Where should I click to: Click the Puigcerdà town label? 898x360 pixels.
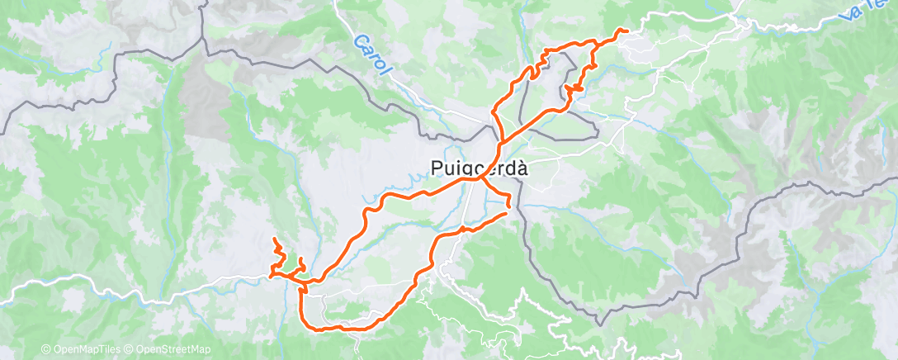pyautogui.click(x=479, y=168)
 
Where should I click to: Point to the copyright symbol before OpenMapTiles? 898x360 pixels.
pyautogui.click(x=46, y=349)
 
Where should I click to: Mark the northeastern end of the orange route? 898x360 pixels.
pyautogui.click(x=627, y=31)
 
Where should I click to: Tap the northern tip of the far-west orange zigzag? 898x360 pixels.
pyautogui.click(x=274, y=239)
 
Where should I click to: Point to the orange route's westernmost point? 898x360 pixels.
pyautogui.click(x=270, y=277)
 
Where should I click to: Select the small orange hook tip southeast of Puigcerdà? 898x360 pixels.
pyautogui.click(x=508, y=205)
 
